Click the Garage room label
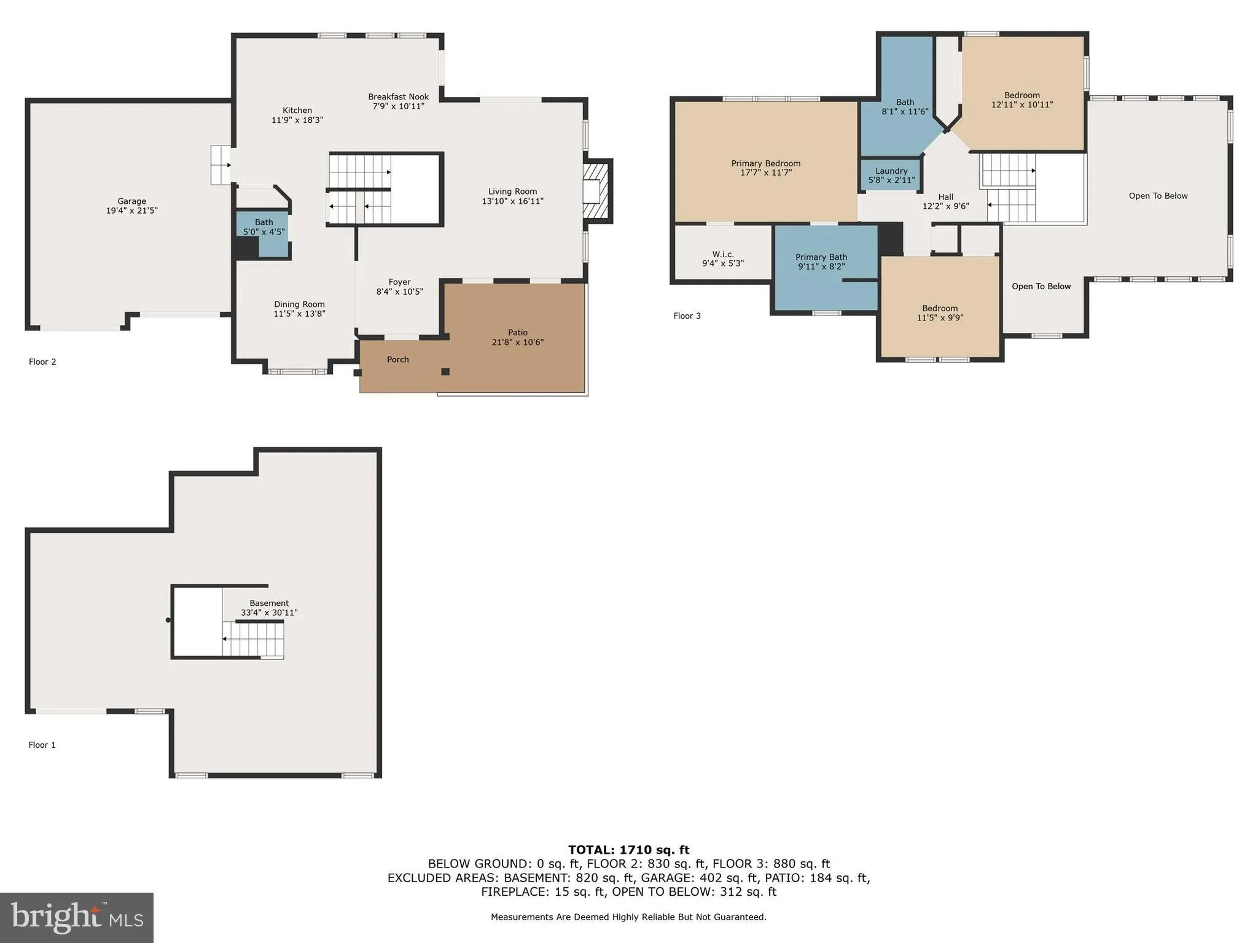(131, 201)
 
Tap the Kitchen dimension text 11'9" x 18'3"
(297, 120)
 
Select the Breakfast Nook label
(398, 97)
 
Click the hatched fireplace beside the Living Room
(596, 190)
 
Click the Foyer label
(399, 282)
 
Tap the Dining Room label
(299, 305)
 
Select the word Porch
(397, 360)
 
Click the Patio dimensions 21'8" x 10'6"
(517, 343)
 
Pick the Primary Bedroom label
(765, 164)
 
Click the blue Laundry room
(891, 176)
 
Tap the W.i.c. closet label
(722, 254)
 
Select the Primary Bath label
(821, 258)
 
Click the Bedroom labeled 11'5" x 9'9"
(939, 313)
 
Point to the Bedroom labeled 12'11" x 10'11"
(1022, 100)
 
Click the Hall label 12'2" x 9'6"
(945, 202)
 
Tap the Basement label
(269, 603)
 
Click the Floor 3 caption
(687, 316)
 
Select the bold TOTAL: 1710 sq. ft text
(628, 850)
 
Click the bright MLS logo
(77, 917)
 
